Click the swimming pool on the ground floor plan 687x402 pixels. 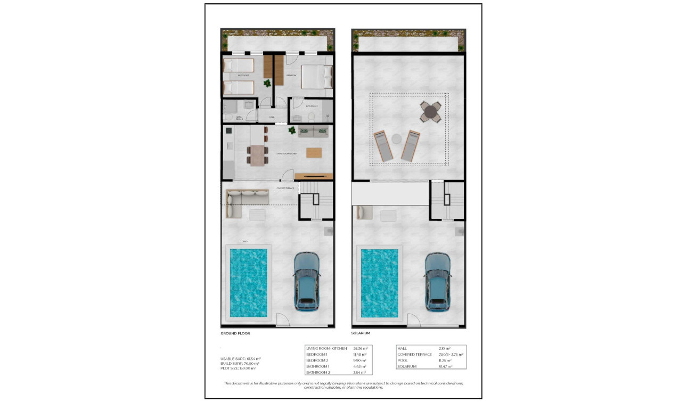click(248, 282)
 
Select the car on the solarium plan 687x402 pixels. click(438, 282)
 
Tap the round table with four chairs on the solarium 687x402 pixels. click(430, 112)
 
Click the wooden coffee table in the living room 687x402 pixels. click(314, 152)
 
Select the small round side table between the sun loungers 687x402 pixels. click(397, 138)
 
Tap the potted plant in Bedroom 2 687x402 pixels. click(267, 84)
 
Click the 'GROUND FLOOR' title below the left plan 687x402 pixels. click(235, 333)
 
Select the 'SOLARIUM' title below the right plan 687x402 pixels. click(361, 333)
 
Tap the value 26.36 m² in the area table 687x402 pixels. click(361, 348)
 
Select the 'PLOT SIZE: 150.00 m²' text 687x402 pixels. click(238, 368)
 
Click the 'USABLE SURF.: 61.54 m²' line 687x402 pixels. click(240, 359)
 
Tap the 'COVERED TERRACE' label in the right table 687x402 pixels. click(414, 354)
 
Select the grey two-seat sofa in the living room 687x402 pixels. click(313, 132)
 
